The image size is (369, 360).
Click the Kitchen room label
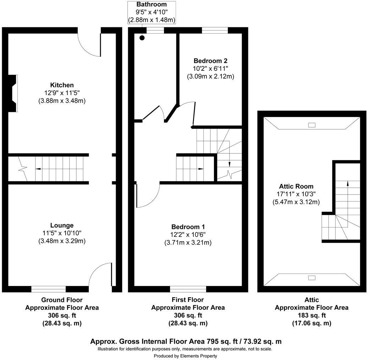click(x=62, y=85)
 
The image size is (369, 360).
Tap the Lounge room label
click(x=62, y=225)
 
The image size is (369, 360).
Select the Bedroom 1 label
click(x=188, y=227)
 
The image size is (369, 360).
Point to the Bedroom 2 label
click(x=210, y=61)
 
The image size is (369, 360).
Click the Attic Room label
click(x=296, y=186)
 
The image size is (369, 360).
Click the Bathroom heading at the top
click(x=152, y=5)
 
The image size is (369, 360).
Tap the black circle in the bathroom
click(x=142, y=38)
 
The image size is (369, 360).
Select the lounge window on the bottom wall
click(x=49, y=289)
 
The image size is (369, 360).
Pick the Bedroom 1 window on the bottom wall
click(x=188, y=289)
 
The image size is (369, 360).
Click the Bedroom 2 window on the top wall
click(x=215, y=30)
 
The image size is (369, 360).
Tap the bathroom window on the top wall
click(x=155, y=30)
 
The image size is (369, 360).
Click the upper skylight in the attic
click(x=312, y=125)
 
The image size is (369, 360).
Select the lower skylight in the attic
click(x=312, y=278)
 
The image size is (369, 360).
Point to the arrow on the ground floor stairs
click(x=37, y=169)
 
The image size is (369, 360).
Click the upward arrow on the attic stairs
click(x=347, y=183)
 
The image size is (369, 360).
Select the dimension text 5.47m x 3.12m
click(x=296, y=202)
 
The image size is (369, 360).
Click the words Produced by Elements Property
click(x=185, y=356)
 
